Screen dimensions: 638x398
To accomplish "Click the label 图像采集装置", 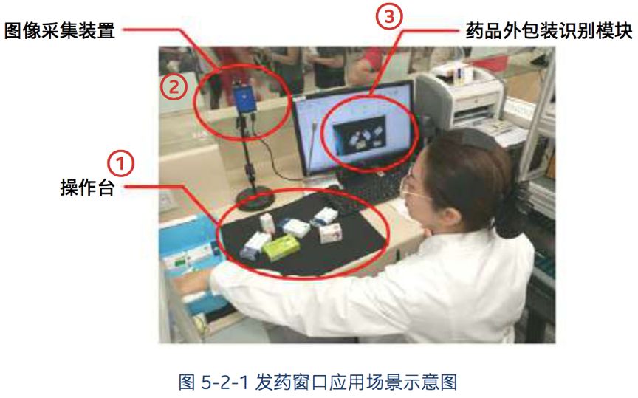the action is pyautogui.click(x=60, y=31).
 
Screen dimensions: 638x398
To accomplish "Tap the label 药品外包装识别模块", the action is pyautogui.click(x=549, y=31).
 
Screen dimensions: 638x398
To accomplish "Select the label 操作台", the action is pyautogui.click(x=87, y=188).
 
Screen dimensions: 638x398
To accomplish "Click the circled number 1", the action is pyautogui.click(x=120, y=164).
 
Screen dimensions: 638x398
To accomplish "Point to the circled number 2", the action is pyautogui.click(x=174, y=87).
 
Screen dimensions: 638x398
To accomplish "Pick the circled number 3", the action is pyautogui.click(x=389, y=16).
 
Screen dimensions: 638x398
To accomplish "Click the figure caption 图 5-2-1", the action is pyautogui.click(x=213, y=382).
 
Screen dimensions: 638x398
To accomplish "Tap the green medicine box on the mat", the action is pyautogui.click(x=281, y=247).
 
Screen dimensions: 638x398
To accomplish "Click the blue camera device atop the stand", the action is pyautogui.click(x=244, y=98).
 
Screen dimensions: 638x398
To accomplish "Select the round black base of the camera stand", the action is pyautogui.click(x=255, y=199).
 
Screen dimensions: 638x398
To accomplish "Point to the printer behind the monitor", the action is pyautogui.click(x=462, y=97).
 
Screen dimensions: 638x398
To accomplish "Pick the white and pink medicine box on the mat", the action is pyautogui.click(x=330, y=233).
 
